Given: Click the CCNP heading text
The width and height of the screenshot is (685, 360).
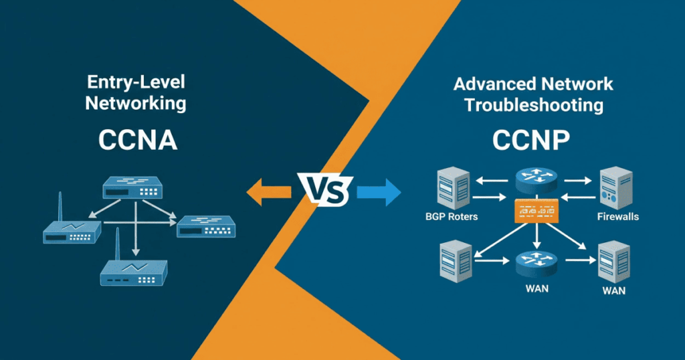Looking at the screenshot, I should click(x=531, y=141).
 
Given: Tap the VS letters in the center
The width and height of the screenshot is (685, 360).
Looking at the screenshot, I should click(x=328, y=192).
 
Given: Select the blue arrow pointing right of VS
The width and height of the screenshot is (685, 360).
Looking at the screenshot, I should click(x=379, y=193).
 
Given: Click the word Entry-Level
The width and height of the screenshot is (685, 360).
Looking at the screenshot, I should click(x=135, y=83).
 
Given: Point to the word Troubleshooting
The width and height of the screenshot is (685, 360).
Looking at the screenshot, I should click(x=534, y=105).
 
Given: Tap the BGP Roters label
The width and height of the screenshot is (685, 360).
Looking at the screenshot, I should click(x=452, y=217).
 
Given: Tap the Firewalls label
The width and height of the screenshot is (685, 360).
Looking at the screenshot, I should click(x=617, y=217).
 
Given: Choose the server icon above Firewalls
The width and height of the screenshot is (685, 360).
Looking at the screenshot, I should click(x=615, y=188).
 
